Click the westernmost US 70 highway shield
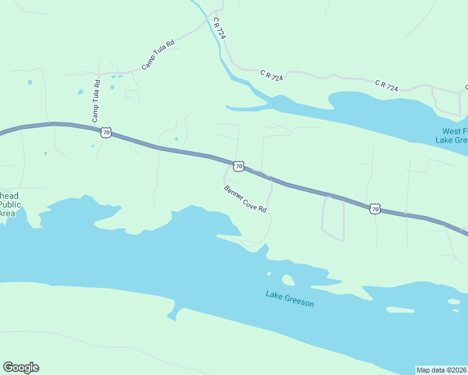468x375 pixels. (106, 132)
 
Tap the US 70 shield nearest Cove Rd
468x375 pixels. (238, 166)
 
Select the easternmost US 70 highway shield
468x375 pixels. (374, 209)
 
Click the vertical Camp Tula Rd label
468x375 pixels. (96, 101)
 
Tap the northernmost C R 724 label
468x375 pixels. (218, 29)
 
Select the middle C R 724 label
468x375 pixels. (272, 76)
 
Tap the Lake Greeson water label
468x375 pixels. (289, 299)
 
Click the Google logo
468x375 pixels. (21, 367)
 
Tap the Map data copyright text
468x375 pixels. (442, 369)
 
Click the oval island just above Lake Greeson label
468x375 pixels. (288, 280)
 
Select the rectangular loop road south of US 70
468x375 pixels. (333, 218)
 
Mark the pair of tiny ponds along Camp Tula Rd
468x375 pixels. (115, 77)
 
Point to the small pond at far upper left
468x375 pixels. (29, 82)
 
